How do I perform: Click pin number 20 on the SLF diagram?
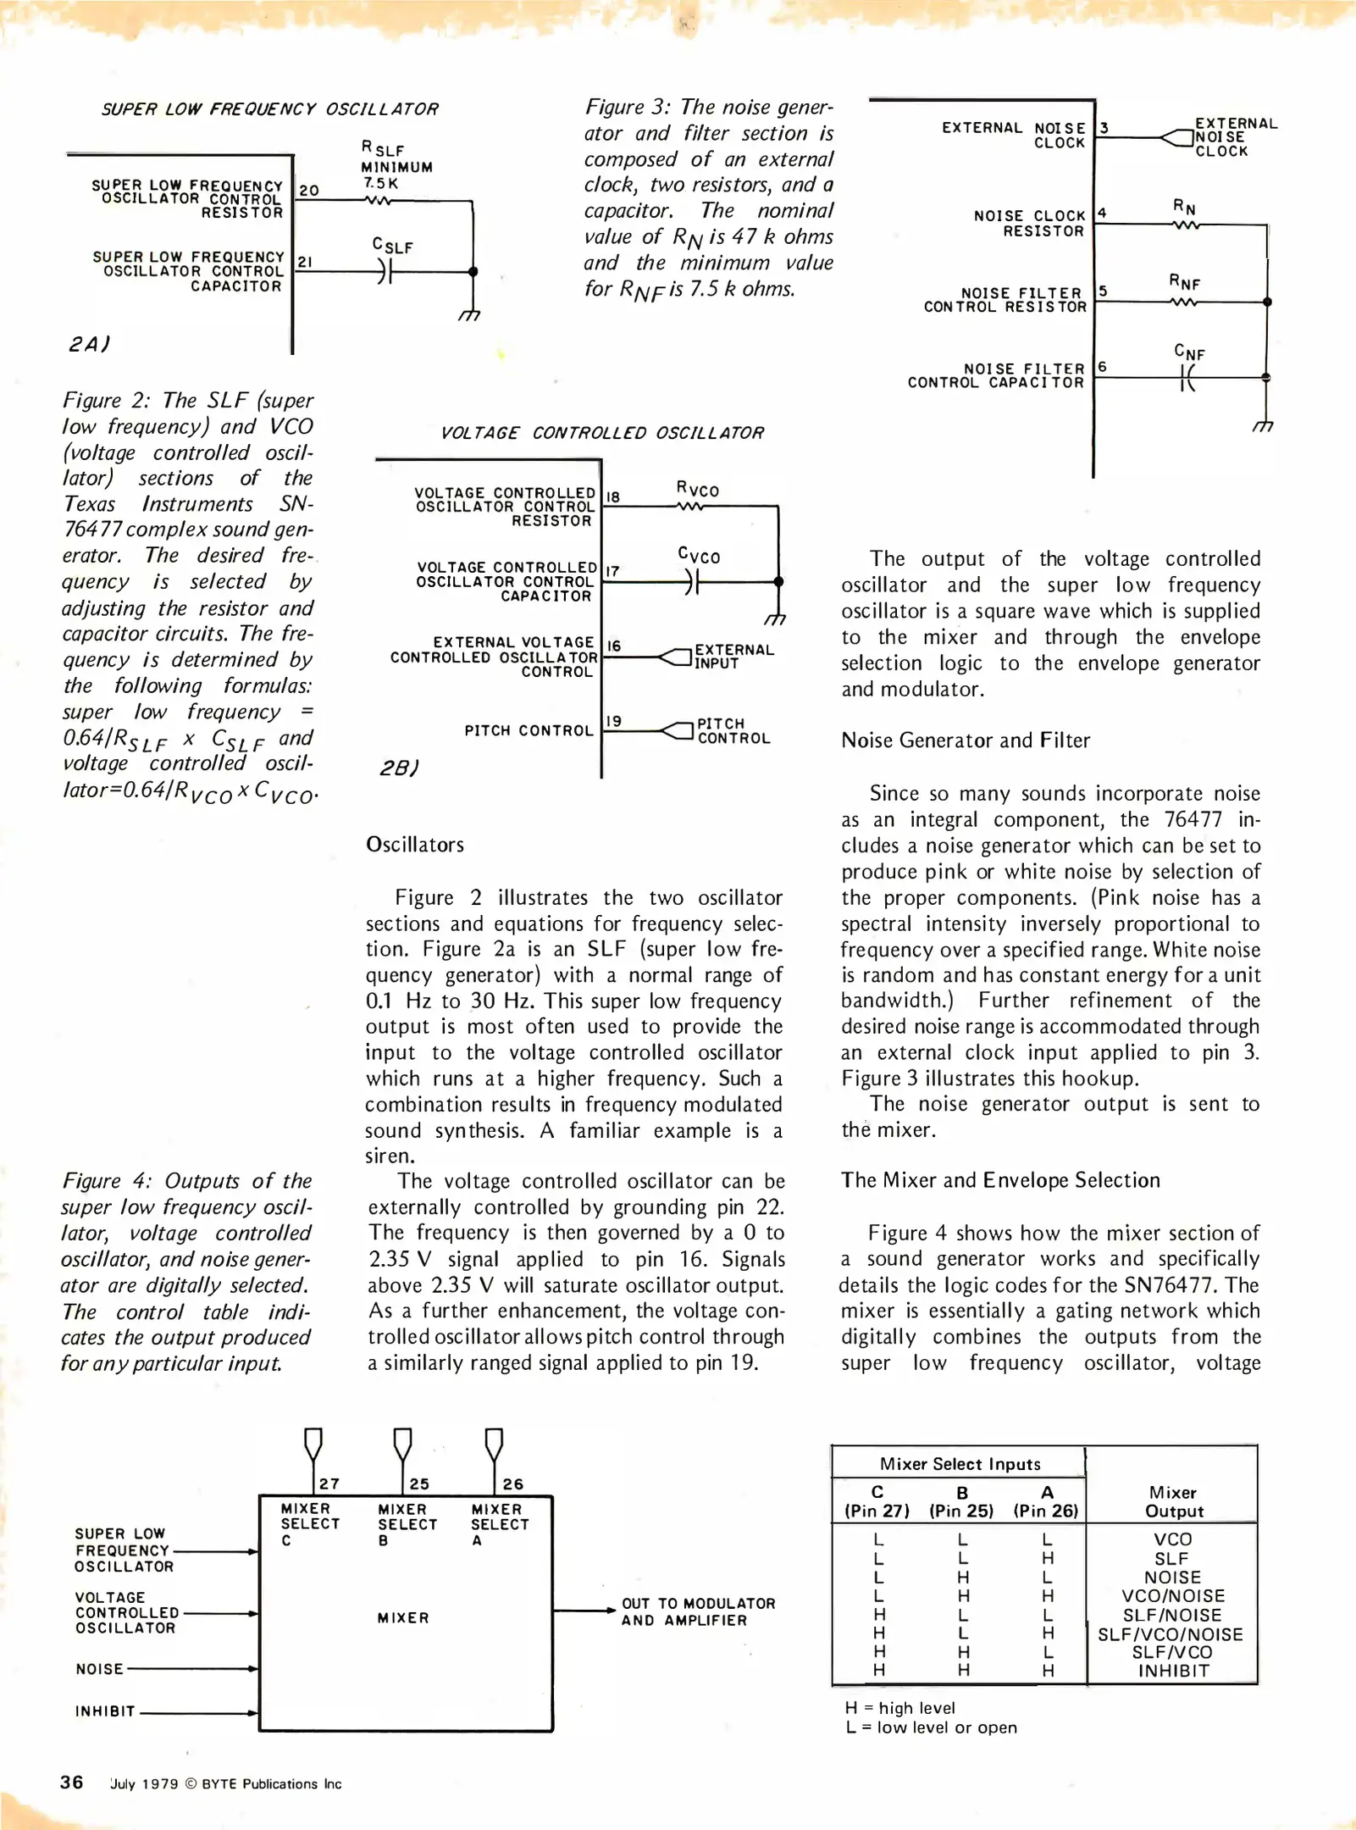point(309,191)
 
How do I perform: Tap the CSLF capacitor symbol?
point(385,271)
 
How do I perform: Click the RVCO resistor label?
point(697,489)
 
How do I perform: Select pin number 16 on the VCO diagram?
point(614,646)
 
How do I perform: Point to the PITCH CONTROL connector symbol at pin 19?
point(677,730)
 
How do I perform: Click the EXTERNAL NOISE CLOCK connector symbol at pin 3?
point(1176,137)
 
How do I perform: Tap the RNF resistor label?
point(1185,282)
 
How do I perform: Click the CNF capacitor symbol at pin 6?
point(1188,377)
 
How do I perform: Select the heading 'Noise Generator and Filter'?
point(965,740)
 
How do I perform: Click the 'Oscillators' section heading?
point(415,845)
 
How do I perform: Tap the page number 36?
point(71,1783)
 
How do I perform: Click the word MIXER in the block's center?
point(403,1618)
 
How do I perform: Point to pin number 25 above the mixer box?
point(419,1484)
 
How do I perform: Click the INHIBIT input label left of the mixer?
point(105,1711)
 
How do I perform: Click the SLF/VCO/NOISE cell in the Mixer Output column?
point(1171,1634)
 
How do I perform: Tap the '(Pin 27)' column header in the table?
point(877,1511)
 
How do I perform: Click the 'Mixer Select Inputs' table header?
point(960,1464)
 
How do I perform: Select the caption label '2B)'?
point(398,768)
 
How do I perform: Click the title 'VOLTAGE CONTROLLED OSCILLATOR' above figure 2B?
point(602,433)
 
